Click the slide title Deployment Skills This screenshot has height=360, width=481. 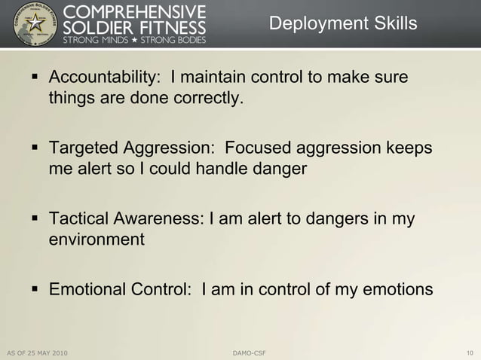pos(342,24)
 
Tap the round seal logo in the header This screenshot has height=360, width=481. pos(31,24)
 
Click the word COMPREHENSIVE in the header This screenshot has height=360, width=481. pos(136,11)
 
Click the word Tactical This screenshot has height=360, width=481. pos(78,219)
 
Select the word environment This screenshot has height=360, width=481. pos(96,240)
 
